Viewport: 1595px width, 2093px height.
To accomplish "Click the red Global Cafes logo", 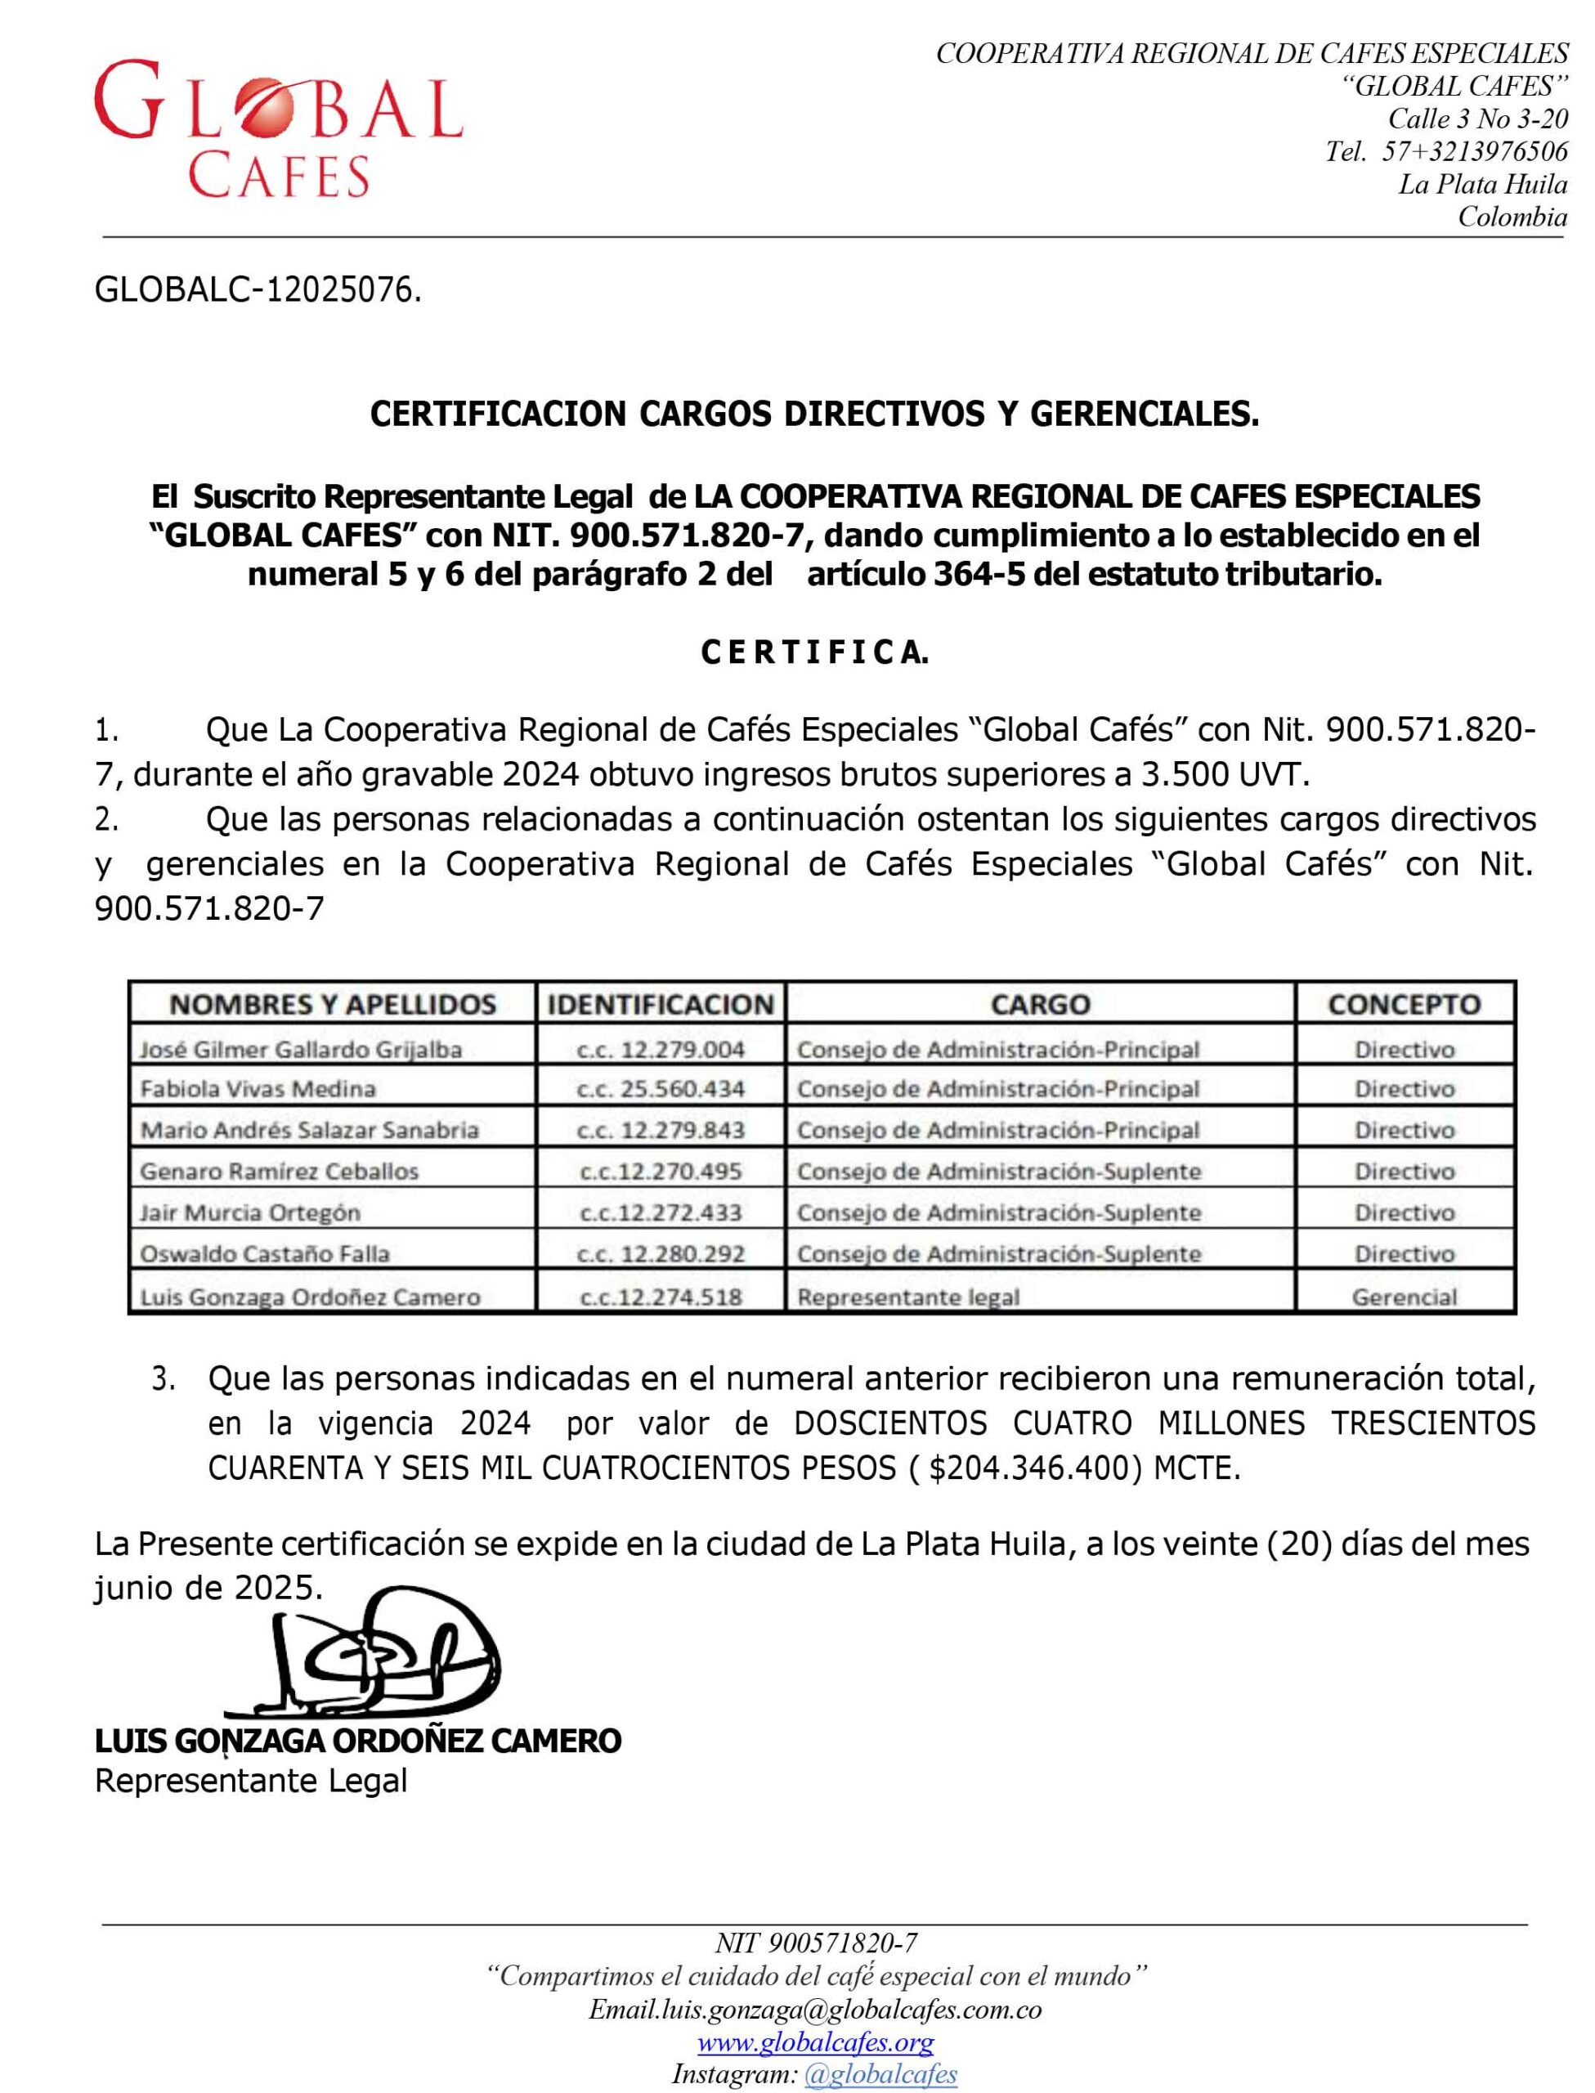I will click(x=277, y=128).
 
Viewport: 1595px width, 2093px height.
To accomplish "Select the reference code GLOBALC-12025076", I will click(x=257, y=290).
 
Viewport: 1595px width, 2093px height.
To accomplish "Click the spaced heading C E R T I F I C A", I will click(x=814, y=653).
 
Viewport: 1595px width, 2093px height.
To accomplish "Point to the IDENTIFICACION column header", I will click(x=661, y=1004).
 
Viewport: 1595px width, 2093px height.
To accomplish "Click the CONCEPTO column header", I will click(x=1405, y=1004).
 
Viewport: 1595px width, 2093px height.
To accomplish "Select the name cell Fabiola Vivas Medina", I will click(x=258, y=1089).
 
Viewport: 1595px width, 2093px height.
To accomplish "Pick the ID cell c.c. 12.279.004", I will click(x=661, y=1049).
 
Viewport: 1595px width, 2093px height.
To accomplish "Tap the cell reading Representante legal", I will click(x=908, y=1297).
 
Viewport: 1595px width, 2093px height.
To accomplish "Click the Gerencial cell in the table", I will click(x=1405, y=1297).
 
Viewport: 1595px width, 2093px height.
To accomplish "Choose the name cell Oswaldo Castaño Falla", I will click(x=265, y=1254).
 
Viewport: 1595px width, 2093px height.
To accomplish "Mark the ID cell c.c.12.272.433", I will click(x=661, y=1212).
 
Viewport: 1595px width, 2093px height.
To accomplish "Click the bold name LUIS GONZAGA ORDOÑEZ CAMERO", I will click(x=358, y=1741).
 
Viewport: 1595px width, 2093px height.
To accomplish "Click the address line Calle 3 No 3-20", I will click(x=1477, y=119).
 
